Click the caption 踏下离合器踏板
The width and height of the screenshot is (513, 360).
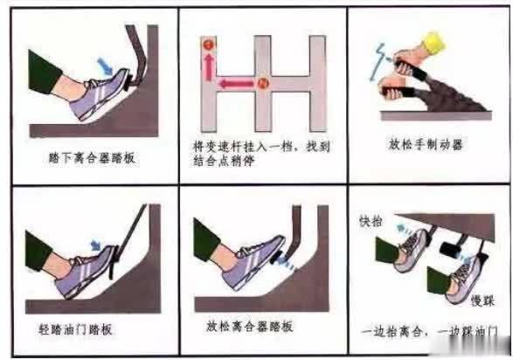pos(93,160)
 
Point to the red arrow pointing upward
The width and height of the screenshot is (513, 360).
pos(209,66)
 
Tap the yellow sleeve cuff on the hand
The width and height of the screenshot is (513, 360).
pos(434,40)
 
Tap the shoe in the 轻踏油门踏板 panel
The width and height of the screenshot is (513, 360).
pos(80,270)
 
